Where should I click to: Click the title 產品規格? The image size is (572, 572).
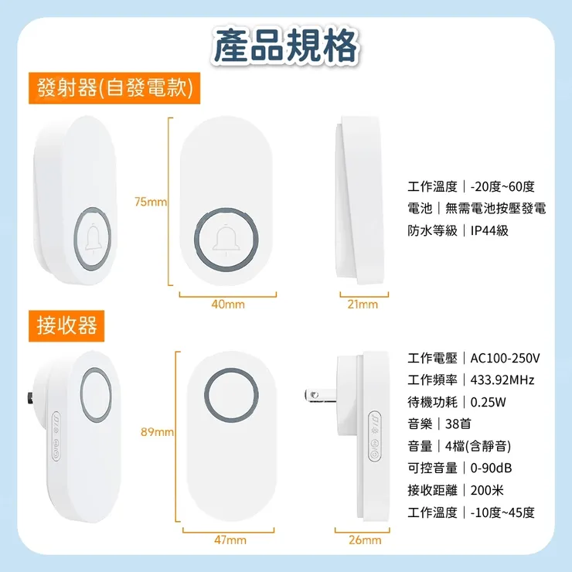[286, 45]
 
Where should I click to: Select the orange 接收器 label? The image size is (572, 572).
[67, 325]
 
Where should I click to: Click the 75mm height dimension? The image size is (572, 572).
[150, 202]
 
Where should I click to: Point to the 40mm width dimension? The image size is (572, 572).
[227, 305]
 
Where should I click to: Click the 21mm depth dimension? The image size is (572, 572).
[363, 305]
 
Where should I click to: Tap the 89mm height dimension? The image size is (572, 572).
[157, 431]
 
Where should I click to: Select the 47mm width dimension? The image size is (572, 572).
[230, 540]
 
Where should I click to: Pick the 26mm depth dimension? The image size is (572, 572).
[365, 540]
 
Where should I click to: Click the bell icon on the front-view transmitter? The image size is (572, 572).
[227, 240]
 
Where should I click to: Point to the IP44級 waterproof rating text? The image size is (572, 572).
[489, 230]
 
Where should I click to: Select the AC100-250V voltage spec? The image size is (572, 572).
[505, 358]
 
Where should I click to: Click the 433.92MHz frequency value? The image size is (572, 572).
[502, 380]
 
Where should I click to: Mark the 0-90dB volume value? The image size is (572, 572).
[492, 468]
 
